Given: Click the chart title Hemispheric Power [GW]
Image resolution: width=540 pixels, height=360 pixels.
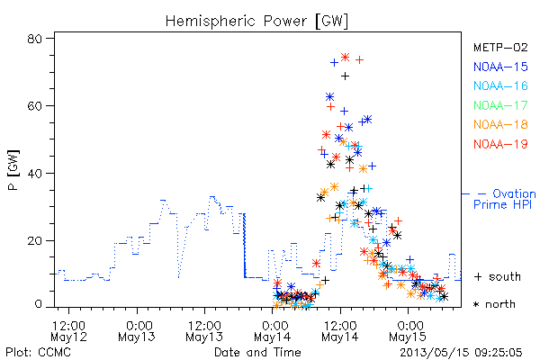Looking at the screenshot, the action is pos(256,21).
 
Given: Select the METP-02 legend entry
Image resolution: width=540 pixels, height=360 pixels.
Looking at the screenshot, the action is pos(500,47).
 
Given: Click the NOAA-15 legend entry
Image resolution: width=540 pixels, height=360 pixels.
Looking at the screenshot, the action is pos(500,67).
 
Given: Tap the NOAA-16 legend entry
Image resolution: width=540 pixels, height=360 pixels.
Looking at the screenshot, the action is pos(500,85).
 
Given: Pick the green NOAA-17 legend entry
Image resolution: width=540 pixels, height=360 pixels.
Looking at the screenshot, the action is pos(500,105).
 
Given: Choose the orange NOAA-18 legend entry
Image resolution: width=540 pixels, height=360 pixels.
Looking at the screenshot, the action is pos(500,124).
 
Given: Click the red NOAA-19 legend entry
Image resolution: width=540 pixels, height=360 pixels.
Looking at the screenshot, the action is pos(500,144).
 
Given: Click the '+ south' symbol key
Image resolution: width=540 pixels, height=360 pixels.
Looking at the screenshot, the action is pos(498,276).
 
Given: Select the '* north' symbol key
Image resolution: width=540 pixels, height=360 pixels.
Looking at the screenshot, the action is pos(494,304).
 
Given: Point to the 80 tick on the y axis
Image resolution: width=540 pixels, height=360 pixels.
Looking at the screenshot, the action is pos(34,39).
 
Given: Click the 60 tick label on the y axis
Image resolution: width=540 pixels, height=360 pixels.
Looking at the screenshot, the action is pos(34,106).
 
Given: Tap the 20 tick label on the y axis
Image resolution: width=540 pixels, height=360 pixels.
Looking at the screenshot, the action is pos(34,241).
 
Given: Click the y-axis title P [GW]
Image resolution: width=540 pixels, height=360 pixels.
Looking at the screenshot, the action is pos(13,170).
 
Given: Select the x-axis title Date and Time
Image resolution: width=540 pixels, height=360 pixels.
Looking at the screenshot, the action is pos(257,352).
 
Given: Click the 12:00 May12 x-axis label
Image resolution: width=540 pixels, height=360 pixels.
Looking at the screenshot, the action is pos(68,331).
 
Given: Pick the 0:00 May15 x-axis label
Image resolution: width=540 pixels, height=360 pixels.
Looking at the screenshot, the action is pos(408,331).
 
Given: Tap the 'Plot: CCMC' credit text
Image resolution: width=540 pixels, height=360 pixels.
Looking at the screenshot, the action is pos(38,352).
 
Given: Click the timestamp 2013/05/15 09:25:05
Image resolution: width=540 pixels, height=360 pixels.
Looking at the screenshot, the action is pos(461,352).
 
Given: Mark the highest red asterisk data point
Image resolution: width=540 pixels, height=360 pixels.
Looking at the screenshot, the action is pos(345,58).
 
